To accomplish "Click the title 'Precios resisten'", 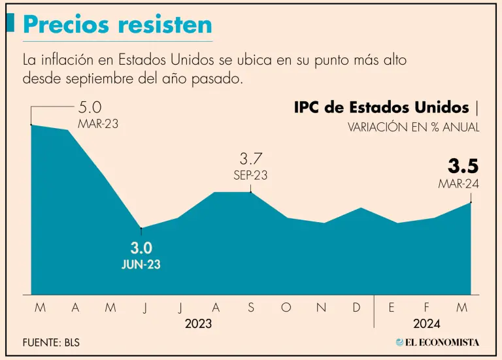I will point(118,24).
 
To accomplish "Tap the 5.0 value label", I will point(90,107).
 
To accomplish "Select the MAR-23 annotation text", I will point(98,123).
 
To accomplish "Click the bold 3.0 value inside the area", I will point(141,248).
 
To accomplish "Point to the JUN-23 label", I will point(141,265).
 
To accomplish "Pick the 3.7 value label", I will point(250,159).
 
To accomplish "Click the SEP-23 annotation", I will point(250,175).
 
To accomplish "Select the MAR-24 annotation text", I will point(458,184).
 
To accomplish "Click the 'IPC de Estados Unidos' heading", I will point(382,107).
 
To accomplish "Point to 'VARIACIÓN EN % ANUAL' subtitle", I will point(414,127).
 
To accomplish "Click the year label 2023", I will point(198,323).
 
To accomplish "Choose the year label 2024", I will point(426,323).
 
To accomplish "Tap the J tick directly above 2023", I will point(180,308).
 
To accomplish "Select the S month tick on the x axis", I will point(251,308).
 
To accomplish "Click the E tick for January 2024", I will point(392,308).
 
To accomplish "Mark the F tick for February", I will point(427,308).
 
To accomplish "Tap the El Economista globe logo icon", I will point(400,342).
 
